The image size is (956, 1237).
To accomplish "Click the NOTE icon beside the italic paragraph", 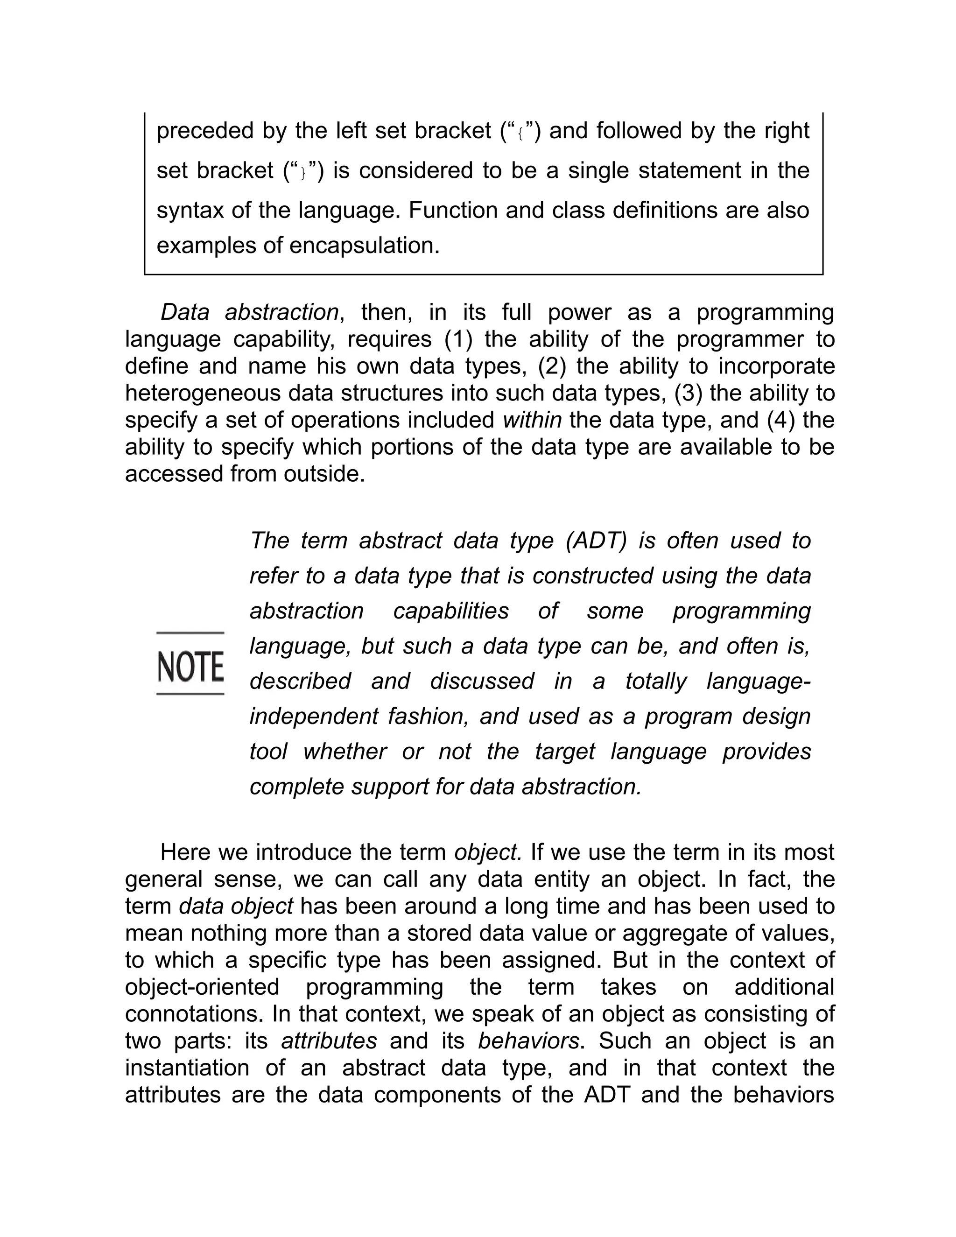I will pyautogui.click(x=190, y=664).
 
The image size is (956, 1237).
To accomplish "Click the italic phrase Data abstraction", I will pyautogui.click(x=249, y=312).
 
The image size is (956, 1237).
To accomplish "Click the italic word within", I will pyautogui.click(x=532, y=420).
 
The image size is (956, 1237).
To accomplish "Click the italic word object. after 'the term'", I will pyautogui.click(x=488, y=852).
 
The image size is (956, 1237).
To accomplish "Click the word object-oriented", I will pyautogui.click(x=202, y=987).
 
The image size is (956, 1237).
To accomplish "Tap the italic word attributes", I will pyautogui.click(x=329, y=1040).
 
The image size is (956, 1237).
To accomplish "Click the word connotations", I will pyautogui.click(x=195, y=1014).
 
